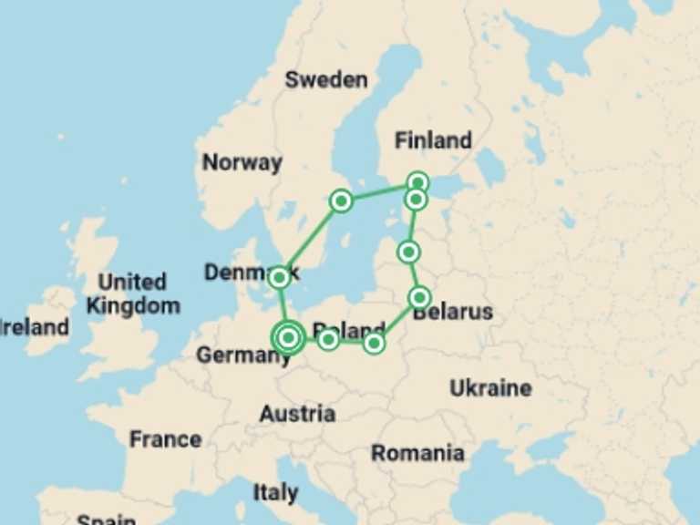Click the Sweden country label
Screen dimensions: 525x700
tap(325, 79)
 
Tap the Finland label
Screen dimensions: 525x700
tap(433, 140)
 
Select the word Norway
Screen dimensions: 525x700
tap(242, 162)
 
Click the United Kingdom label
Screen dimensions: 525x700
tap(133, 293)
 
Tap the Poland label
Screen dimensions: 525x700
tap(349, 330)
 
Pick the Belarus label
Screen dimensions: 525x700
tap(452, 313)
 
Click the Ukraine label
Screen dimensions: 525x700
tap(490, 388)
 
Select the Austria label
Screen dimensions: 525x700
tap(297, 414)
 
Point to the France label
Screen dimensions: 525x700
tap(165, 439)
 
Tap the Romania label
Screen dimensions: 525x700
tap(417, 453)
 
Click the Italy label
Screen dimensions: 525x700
tap(275, 493)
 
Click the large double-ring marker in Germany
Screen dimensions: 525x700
tap(288, 337)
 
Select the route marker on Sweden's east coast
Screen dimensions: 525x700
tap(341, 201)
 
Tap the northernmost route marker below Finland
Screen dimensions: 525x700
tap(417, 182)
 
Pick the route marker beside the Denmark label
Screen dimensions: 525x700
tap(280, 277)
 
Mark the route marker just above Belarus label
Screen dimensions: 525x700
tap(419, 297)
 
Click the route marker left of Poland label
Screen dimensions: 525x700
tap(328, 340)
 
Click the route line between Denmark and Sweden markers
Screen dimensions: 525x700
tap(310, 239)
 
